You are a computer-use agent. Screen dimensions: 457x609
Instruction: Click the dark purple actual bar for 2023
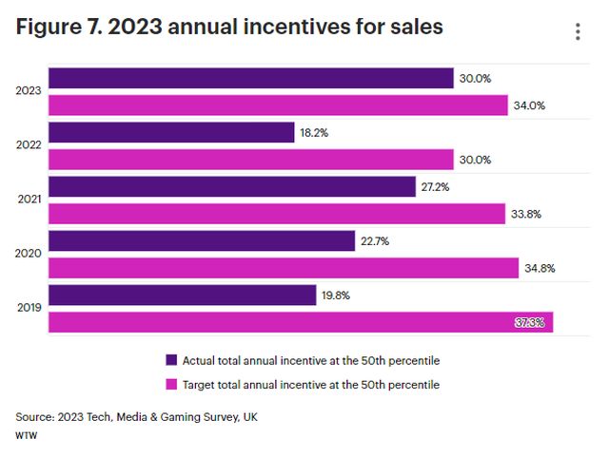pos(250,78)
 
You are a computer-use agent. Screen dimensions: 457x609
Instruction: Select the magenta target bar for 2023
pos(278,105)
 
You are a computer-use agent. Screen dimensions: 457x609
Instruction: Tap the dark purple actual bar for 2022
pos(171,132)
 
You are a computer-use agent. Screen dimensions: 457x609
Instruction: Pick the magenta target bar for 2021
pos(276,214)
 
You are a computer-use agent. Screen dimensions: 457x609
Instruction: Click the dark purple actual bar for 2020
pos(202,241)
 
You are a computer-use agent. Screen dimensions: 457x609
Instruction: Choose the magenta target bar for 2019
pos(300,323)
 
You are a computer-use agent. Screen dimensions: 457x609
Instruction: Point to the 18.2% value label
pos(314,133)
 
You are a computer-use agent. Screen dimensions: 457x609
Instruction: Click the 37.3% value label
pos(530,323)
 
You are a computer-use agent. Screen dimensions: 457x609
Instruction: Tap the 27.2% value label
pos(436,187)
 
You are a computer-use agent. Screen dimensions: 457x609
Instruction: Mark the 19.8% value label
pos(336,295)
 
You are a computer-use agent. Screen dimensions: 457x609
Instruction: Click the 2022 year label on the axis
pos(29,146)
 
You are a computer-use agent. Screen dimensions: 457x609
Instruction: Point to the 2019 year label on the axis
pos(29,310)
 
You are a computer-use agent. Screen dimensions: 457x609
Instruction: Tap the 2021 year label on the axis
pos(29,200)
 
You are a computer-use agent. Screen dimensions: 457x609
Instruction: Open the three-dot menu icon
pos(578,32)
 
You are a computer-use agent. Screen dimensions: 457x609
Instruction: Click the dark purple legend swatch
pos(172,360)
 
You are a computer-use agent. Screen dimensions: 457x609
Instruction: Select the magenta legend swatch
pos(172,385)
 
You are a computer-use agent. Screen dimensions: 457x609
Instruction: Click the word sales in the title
pos(412,28)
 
